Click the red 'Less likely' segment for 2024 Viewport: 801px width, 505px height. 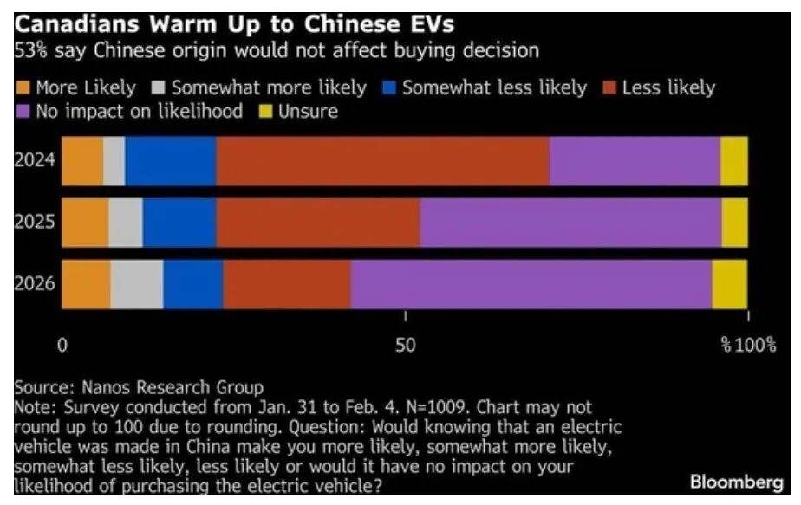click(x=382, y=160)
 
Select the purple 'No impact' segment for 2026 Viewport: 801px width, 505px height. click(x=531, y=284)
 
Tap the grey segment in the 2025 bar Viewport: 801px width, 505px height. click(x=126, y=223)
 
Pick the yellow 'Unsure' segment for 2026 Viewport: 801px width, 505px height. click(x=729, y=284)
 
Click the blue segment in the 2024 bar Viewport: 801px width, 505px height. click(x=170, y=160)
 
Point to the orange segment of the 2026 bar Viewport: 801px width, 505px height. click(x=86, y=284)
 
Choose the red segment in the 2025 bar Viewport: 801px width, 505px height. click(x=317, y=223)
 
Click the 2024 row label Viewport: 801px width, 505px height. click(x=36, y=160)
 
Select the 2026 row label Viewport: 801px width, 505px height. click(x=36, y=284)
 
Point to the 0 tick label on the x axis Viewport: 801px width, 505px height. click(x=62, y=346)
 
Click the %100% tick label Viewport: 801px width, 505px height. click(x=749, y=346)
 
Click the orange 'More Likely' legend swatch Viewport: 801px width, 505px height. click(x=23, y=88)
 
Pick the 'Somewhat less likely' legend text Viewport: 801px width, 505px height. click(x=494, y=87)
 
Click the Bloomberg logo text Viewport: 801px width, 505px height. click(x=737, y=482)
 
